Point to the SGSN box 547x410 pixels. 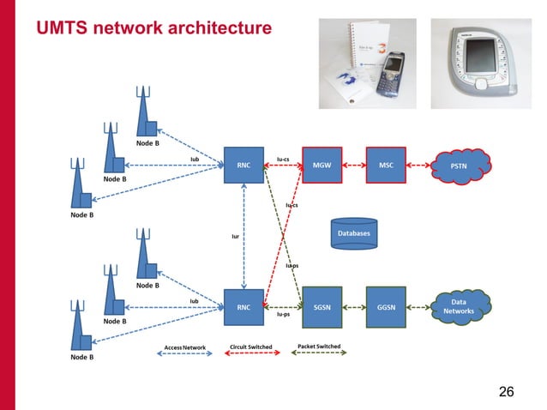pyautogui.click(x=322, y=306)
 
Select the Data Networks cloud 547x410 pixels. pyautogui.click(x=460, y=306)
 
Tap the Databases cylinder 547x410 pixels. pyautogui.click(x=353, y=233)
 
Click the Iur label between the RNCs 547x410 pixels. pyautogui.click(x=235, y=237)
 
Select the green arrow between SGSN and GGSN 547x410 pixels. pyautogui.click(x=353, y=306)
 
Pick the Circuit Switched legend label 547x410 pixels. pyautogui.click(x=250, y=347)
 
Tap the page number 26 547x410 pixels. pyautogui.click(x=506, y=392)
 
